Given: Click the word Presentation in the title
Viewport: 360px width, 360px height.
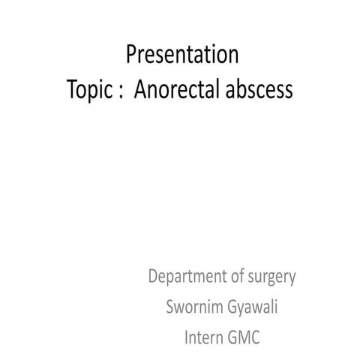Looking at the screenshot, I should (x=183, y=55).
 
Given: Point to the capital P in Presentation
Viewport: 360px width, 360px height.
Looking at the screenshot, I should (x=133, y=55).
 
